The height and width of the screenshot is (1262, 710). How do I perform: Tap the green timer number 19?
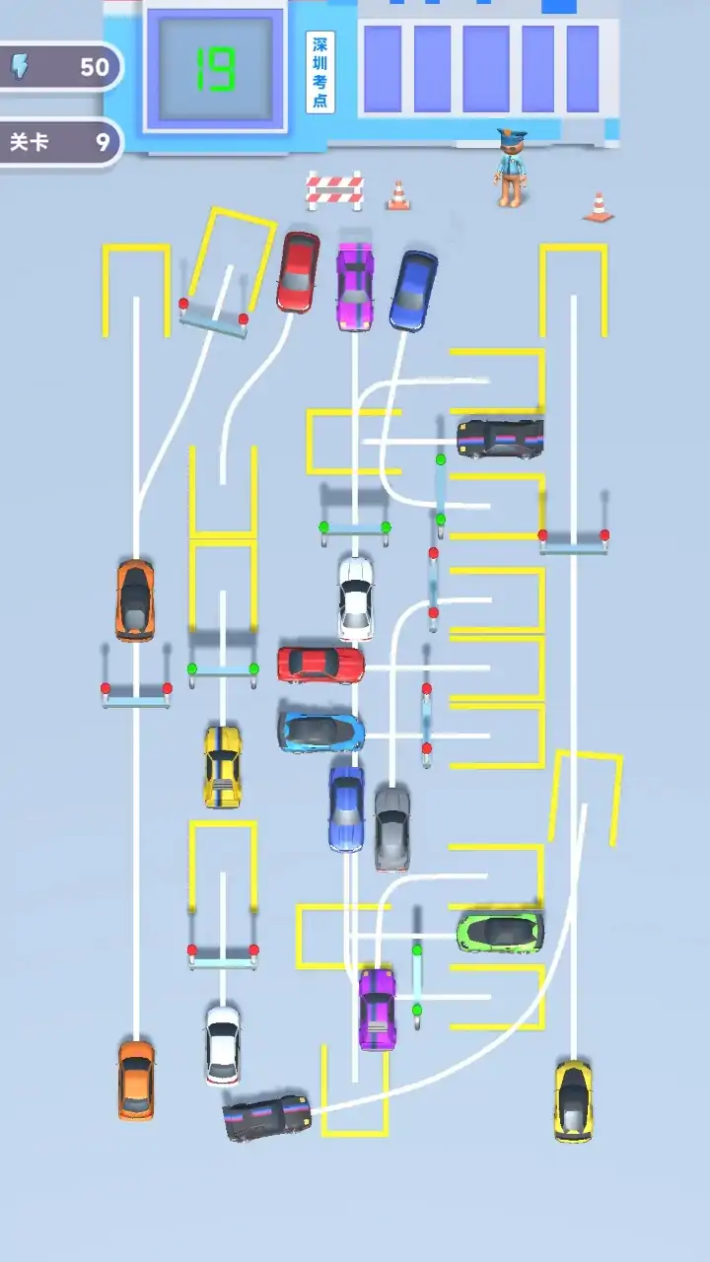point(215,70)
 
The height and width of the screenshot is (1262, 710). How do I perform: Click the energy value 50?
point(94,68)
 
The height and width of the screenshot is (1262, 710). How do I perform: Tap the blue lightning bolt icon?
point(21,66)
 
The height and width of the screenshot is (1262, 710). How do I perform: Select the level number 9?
point(102,142)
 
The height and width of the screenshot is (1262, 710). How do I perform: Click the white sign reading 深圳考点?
point(320,72)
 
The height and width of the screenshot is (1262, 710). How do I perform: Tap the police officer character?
point(512,168)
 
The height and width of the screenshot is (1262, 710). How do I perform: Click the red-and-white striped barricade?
point(334,190)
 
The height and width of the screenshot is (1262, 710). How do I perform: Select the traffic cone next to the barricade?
point(398,195)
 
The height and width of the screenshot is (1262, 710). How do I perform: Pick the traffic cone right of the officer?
point(599,207)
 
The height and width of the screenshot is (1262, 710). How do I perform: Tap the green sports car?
point(500,933)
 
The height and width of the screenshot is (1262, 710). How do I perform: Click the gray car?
point(392,828)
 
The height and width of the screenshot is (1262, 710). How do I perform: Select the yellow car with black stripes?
point(222,767)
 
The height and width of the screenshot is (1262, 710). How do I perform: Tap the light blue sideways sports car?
point(321,732)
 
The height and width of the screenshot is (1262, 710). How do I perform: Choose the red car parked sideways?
point(320,665)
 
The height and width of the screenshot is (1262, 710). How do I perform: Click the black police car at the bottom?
point(266,1117)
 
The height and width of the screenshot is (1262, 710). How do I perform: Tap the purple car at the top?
point(355,286)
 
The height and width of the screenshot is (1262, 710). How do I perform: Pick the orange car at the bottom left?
point(136,1080)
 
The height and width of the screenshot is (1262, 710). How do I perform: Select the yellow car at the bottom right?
point(574,1101)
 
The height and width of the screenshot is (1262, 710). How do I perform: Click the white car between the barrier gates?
point(356,598)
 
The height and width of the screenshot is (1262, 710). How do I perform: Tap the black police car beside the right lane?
point(500,438)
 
